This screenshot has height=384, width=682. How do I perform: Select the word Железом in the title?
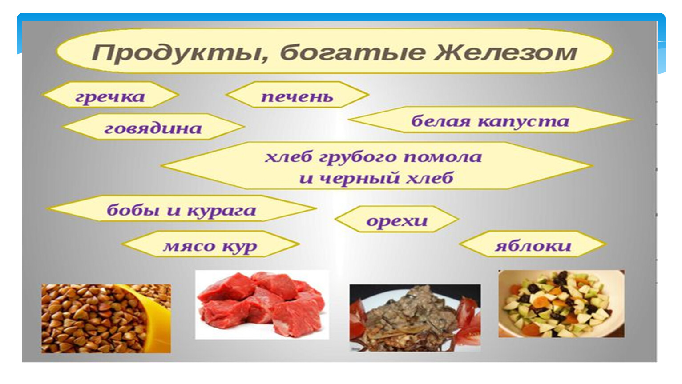tap(505, 52)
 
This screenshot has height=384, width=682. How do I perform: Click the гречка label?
tap(110, 97)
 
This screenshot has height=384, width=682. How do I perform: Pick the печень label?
tap(297, 97)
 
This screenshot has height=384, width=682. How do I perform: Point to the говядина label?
tap(153, 128)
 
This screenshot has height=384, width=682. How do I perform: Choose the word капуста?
tap(523, 122)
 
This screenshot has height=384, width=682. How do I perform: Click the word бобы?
tap(133, 210)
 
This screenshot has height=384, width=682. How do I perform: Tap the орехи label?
tap(397, 221)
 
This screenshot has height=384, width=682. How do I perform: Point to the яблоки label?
tap(533, 245)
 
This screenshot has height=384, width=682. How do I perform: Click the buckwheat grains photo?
tap(106, 319)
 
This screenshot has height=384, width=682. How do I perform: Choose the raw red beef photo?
tap(262, 304)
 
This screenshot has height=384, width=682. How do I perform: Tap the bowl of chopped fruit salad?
tap(561, 304)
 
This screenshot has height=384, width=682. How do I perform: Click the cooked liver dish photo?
tap(415, 318)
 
